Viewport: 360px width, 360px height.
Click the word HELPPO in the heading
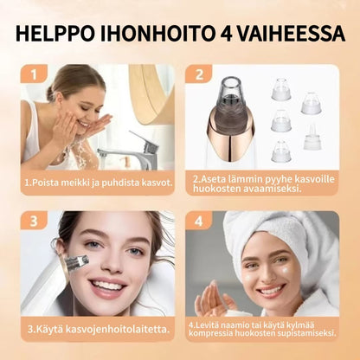coord(55,34)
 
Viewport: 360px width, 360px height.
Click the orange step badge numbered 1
coord(34,74)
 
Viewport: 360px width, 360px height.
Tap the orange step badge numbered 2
coord(199,74)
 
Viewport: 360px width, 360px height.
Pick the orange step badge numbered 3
coord(34,221)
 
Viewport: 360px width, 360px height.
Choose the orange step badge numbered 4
coord(199,221)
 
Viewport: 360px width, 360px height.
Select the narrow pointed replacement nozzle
coord(313,137)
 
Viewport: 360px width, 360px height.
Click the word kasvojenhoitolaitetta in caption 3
coord(118,329)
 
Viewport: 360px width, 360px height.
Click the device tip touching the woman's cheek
coord(77,261)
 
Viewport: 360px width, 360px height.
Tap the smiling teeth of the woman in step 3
coord(107,285)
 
